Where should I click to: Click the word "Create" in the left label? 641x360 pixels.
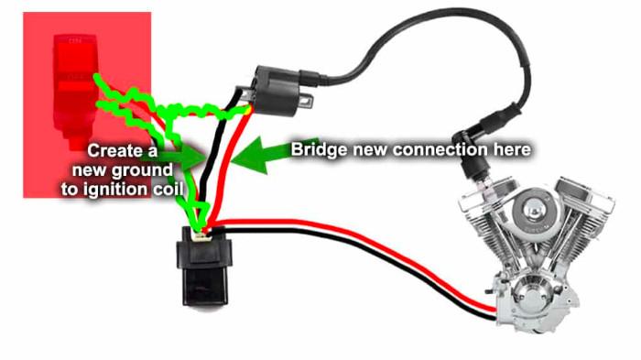(x=112, y=150)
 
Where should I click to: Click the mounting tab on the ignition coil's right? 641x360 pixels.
(x=307, y=100)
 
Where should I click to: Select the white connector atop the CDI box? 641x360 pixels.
(x=202, y=236)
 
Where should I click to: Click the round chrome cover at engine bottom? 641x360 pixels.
(x=529, y=292)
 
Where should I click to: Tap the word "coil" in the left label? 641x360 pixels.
(x=168, y=189)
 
